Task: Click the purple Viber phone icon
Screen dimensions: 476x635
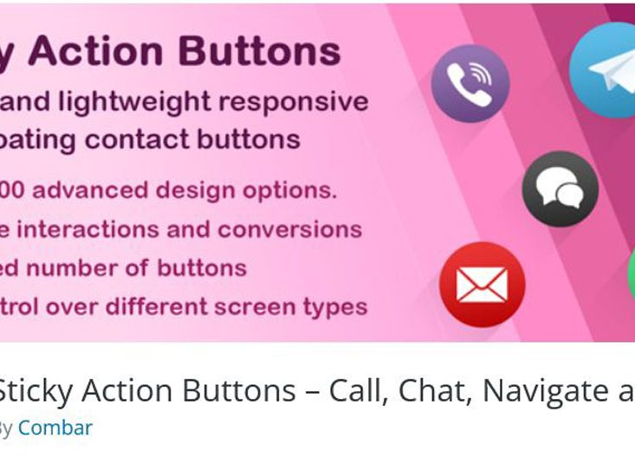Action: click(470, 84)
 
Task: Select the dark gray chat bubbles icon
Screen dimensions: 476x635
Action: click(560, 189)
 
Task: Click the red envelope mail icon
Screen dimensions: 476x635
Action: click(482, 284)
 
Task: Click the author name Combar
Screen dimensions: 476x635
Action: click(55, 428)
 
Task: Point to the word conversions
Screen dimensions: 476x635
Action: click(290, 229)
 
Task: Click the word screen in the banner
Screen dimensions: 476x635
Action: click(254, 306)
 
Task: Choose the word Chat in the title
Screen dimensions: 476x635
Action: click(434, 391)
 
